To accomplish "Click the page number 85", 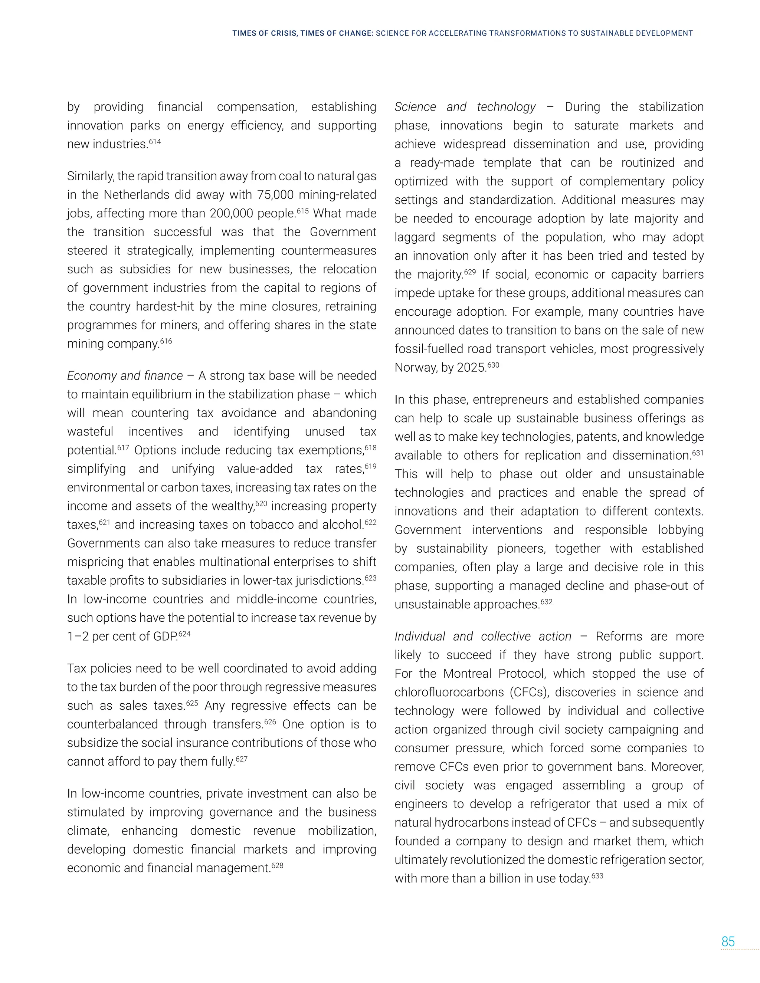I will [728, 941].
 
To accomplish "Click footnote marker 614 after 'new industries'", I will [155, 142].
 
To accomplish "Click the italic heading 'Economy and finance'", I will [125, 376].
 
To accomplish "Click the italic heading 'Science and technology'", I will [465, 107].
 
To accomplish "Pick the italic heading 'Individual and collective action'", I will [483, 637].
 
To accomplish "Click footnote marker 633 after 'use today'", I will [597, 876].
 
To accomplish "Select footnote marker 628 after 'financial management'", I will [277, 865].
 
